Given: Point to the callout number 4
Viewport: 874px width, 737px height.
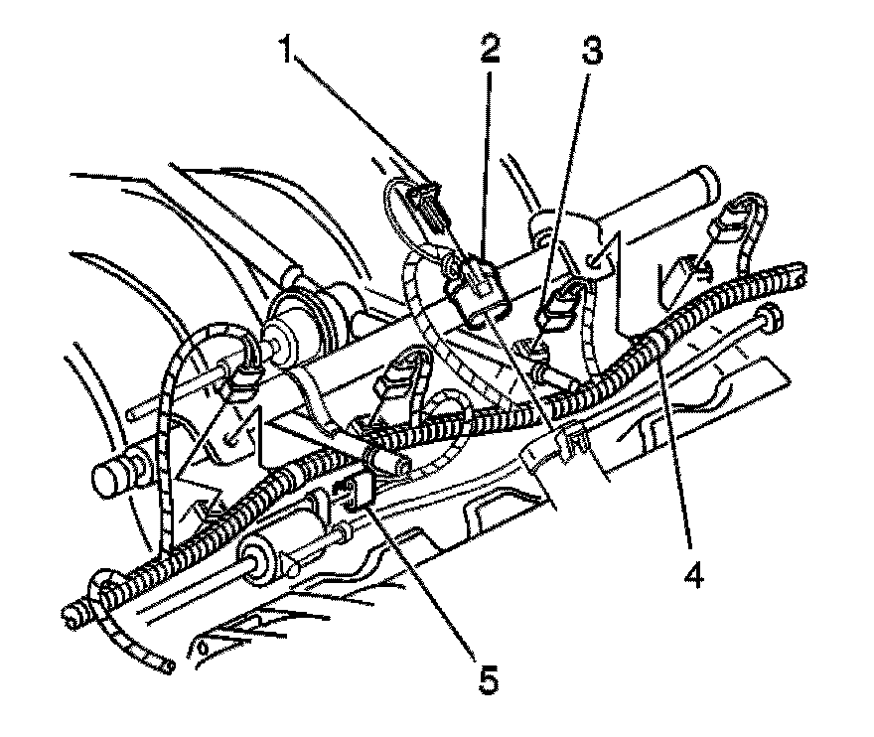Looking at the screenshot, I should point(692,574).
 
